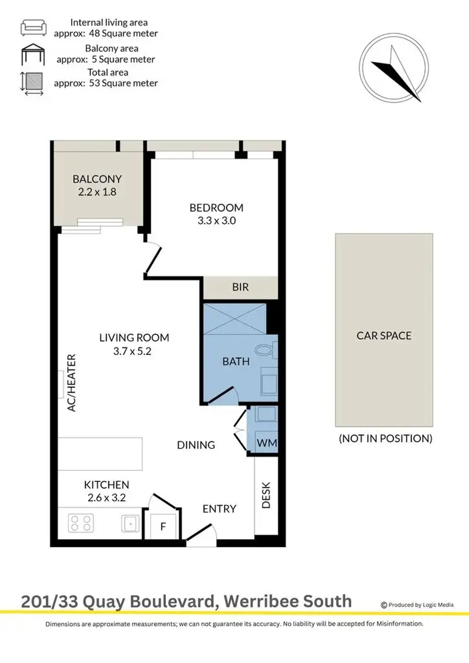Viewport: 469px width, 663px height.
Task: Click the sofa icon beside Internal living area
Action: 33,28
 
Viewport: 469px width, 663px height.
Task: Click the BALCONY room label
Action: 97,179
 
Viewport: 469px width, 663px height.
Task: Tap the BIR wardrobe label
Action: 240,287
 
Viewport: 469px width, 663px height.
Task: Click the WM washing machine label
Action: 267,443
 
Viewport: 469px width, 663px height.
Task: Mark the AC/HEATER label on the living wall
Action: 71,383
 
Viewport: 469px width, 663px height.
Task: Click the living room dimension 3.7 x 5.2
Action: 132,351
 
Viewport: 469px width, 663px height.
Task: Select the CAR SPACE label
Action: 384,336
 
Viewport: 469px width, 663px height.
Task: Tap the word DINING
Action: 196,445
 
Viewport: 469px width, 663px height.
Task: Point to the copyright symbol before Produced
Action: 384,605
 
